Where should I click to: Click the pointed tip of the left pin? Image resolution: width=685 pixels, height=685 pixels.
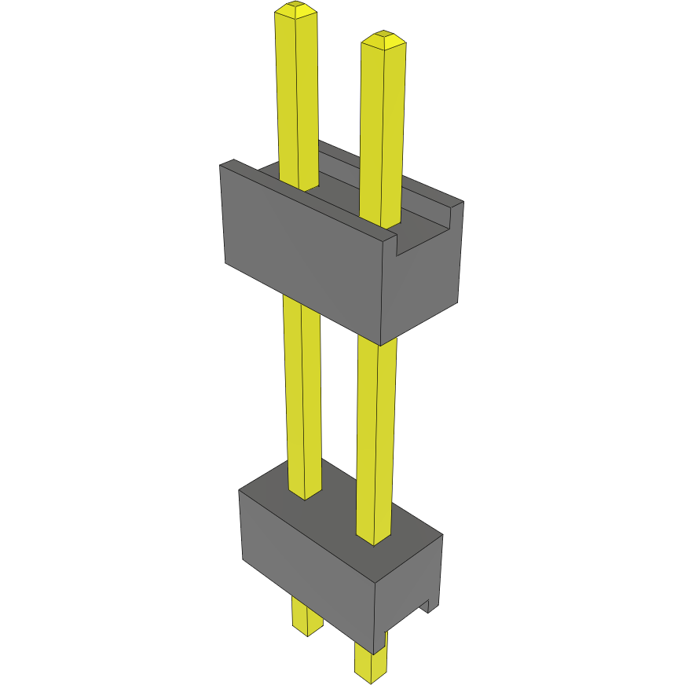point(295,8)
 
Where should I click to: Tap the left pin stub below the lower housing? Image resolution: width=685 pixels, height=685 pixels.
point(306,617)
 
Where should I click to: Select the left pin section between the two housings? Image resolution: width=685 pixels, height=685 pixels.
point(302,393)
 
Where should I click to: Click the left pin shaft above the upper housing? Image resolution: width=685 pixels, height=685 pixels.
point(296,94)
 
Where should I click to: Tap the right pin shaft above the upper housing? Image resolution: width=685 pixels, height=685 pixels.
point(383,126)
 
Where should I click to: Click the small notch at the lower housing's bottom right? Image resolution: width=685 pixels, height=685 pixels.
point(430,606)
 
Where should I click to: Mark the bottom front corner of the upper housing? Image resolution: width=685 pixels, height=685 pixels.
point(381,344)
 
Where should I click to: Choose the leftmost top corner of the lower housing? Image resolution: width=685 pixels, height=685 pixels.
point(240,490)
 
